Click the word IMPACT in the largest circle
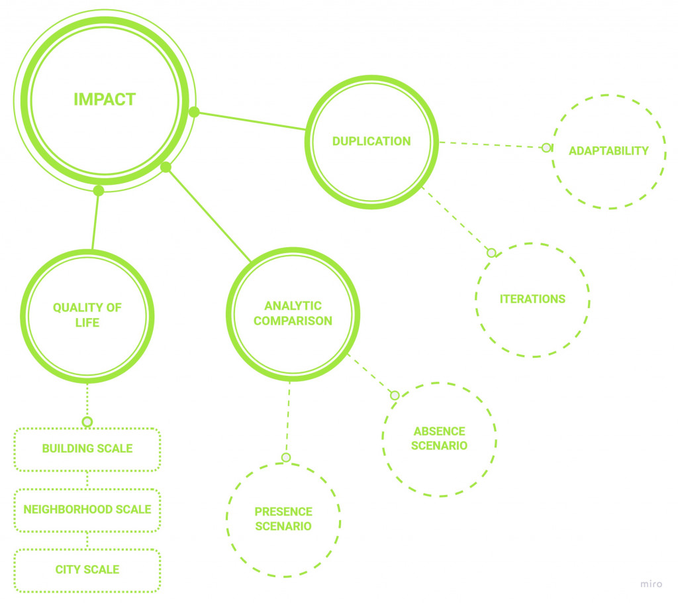pos(105,99)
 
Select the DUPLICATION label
pos(371,141)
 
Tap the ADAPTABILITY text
pos(608,150)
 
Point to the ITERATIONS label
pos(532,299)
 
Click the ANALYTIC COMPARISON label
pos(293,313)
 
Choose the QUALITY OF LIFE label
pos(87,315)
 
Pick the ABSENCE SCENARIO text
pos(439,438)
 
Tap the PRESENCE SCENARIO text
pos(283,519)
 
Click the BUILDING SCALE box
pos(87,449)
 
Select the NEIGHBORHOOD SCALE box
pos(87,510)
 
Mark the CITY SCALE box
pos(87,569)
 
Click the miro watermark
pos(651,584)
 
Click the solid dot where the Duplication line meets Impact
pos(194,112)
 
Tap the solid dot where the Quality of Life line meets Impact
pos(99,191)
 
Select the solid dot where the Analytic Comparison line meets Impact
pos(166,167)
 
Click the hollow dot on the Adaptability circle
pos(546,147)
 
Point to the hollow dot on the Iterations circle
pos(491,252)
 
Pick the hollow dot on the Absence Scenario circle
pos(395,396)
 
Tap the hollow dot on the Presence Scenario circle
pos(286,457)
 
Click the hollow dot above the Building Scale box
pos(87,421)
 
